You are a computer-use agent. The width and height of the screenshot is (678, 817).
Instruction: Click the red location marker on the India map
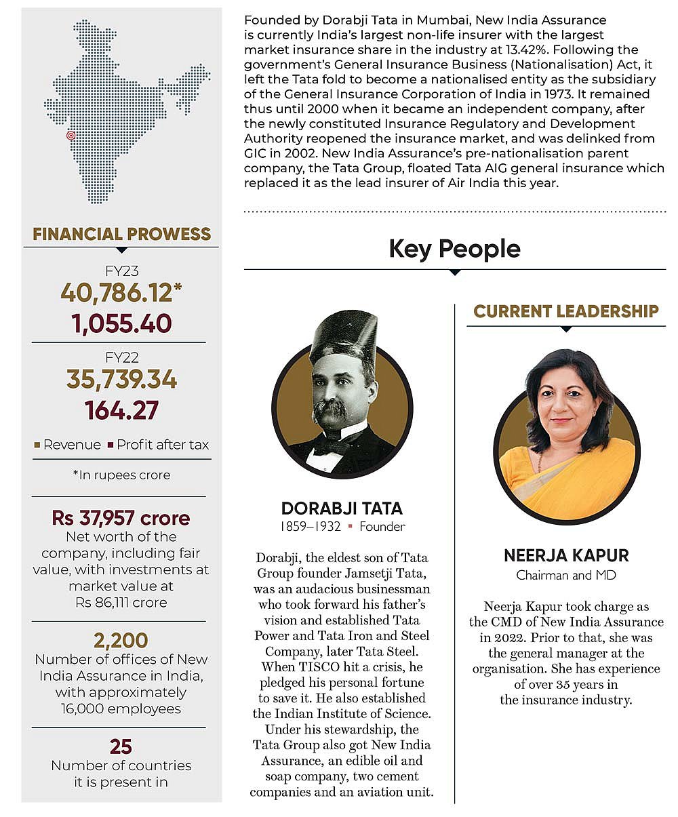pos(71,136)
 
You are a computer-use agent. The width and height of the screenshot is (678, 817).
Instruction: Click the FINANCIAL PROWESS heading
pos(121,235)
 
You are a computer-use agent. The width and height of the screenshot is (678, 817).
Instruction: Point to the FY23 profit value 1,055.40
pos(121,324)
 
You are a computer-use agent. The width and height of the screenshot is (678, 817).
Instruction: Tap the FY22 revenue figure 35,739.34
pos(121,380)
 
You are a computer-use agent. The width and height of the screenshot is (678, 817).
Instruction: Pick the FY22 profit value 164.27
pos(121,411)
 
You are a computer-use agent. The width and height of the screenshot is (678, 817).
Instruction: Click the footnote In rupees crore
pos(121,475)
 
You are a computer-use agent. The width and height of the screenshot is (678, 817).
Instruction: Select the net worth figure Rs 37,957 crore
pos(121,519)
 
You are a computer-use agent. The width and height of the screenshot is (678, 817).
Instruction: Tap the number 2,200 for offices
pos(121,640)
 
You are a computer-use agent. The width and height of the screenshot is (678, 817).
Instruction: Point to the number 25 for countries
pos(121,746)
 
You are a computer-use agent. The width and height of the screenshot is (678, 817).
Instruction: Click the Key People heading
pos(454,249)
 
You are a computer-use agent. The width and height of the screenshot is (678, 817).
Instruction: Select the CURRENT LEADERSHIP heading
pos(566,311)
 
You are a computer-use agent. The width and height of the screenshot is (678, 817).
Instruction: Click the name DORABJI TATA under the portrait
pos(342,508)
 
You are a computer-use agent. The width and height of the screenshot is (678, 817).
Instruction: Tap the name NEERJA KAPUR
pos(566,556)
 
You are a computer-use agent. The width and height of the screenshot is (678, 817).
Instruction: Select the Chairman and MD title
pos(566,576)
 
